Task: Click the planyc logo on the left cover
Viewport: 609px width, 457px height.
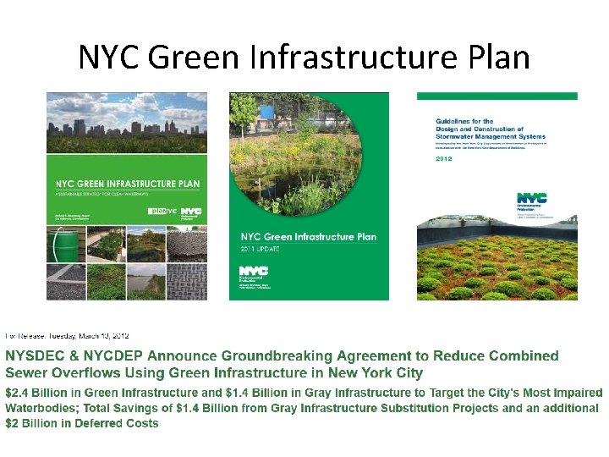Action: point(160,211)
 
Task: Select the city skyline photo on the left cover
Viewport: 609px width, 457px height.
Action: point(127,123)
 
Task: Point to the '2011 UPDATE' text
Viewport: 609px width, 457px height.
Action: point(261,251)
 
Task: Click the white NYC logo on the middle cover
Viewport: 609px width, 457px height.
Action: point(253,271)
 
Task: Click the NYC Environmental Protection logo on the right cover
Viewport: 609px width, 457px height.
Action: point(531,200)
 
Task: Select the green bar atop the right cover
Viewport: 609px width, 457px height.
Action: point(497,96)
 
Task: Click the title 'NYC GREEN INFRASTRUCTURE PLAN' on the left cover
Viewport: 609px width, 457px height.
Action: point(127,184)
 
